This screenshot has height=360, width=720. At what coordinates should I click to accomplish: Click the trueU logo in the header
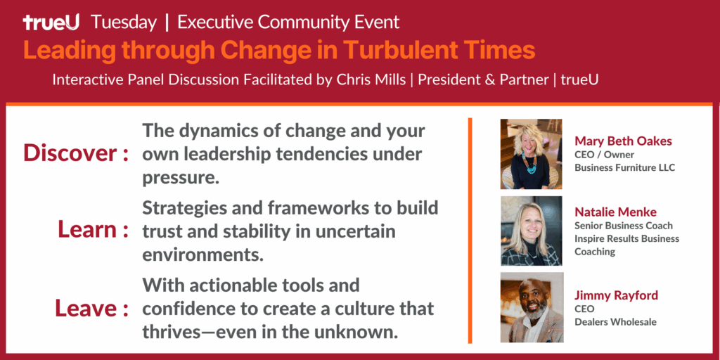click(x=51, y=22)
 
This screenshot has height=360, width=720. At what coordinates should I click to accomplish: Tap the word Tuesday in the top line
click(x=124, y=22)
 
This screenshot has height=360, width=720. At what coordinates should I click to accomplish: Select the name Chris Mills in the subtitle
click(x=371, y=80)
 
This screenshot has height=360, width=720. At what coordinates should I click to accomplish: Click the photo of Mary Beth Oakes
click(x=532, y=154)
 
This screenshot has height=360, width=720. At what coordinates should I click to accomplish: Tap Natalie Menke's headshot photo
click(x=532, y=231)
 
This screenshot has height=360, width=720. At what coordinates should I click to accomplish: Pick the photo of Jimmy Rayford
click(x=532, y=307)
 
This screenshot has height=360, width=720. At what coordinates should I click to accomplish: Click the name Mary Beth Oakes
click(x=623, y=141)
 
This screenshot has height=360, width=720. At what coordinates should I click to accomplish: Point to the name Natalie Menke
click(x=615, y=212)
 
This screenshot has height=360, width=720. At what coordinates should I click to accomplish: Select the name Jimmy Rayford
click(x=616, y=295)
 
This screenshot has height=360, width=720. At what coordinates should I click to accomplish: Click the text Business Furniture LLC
click(x=625, y=167)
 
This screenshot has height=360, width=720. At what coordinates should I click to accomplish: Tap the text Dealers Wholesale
click(x=615, y=322)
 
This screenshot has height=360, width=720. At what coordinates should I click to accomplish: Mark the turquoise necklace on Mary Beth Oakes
click(x=529, y=163)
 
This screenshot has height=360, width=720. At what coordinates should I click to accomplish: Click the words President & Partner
click(x=483, y=80)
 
